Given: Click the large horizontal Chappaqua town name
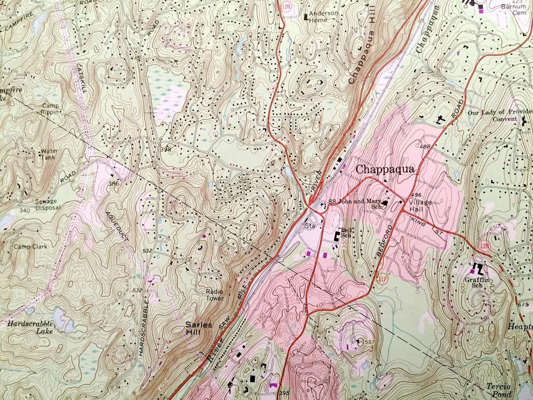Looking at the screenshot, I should tap(385, 169).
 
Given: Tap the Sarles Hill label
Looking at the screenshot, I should tap(199, 328).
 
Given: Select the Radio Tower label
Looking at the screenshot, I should tap(215, 295).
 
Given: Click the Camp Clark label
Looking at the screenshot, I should tap(30, 247).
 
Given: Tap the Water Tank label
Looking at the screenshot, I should tap(49, 154).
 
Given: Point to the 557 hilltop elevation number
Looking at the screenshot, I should tap(369, 342).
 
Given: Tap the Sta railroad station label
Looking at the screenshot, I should tap(310, 225).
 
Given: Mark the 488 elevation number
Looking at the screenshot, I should tap(425, 147).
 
